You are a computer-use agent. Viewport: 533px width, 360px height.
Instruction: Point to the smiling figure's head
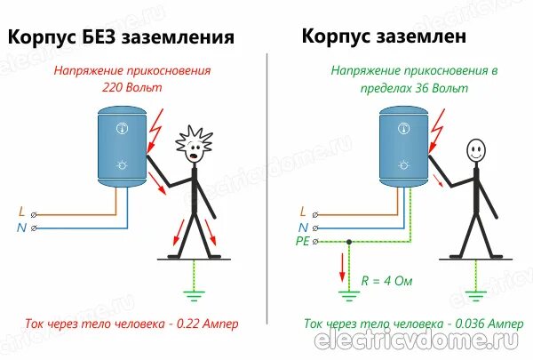coord(475,150)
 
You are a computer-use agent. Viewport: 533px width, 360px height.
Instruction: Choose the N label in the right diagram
coord(304,228)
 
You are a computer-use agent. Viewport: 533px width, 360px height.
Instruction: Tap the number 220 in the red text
coord(115,88)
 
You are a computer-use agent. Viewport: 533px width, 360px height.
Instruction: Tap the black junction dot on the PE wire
coord(351,243)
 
